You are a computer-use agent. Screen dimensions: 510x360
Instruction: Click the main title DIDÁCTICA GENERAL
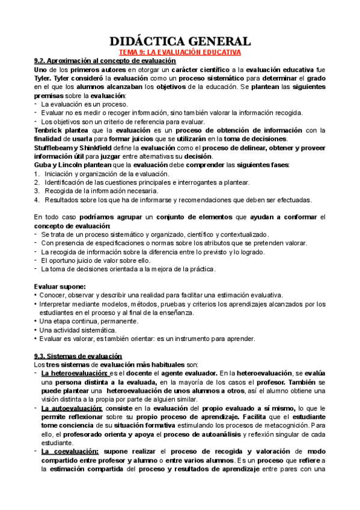click(x=180, y=41)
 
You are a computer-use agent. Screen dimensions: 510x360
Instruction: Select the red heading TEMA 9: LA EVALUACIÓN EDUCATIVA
click(x=180, y=52)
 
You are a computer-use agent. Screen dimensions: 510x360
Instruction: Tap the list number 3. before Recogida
click(x=37, y=191)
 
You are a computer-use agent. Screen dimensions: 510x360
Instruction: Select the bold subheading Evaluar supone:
click(x=60, y=286)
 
